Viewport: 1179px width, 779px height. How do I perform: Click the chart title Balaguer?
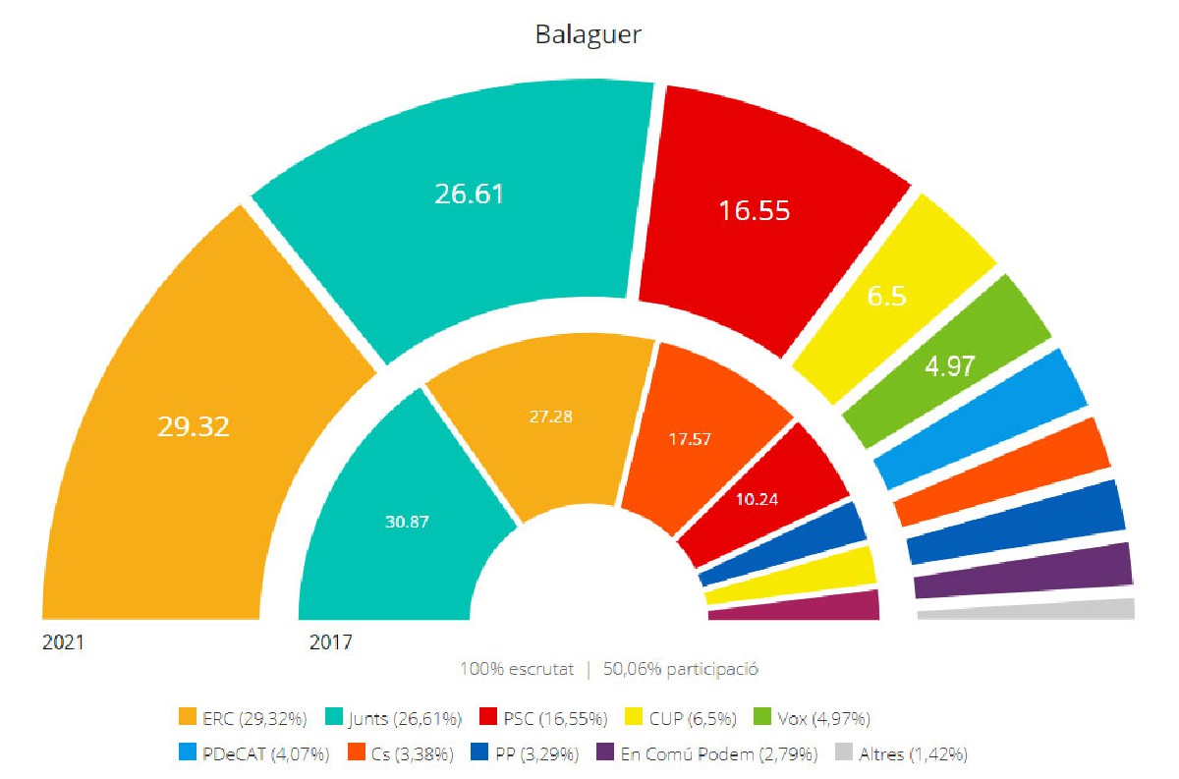tap(589, 35)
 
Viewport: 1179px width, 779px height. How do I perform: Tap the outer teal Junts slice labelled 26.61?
tap(469, 194)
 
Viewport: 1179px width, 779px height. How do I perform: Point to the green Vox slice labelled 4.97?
tap(948, 364)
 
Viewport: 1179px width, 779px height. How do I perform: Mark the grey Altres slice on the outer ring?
tap(1027, 609)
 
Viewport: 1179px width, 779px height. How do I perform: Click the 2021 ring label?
tap(63, 643)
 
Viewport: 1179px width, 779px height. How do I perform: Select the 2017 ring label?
tap(331, 643)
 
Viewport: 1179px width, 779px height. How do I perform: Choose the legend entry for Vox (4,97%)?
tap(812, 719)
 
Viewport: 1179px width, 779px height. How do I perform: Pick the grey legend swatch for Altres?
tap(843, 754)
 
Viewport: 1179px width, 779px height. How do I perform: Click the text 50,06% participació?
tap(681, 670)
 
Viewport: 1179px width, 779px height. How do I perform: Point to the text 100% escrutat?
tap(516, 670)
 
